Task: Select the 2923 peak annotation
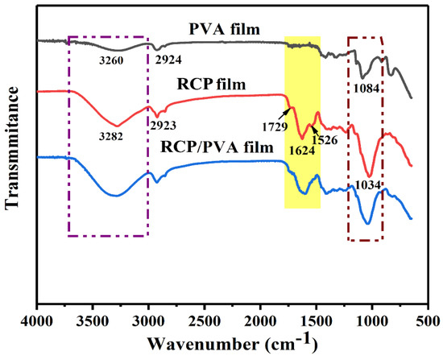164,124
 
